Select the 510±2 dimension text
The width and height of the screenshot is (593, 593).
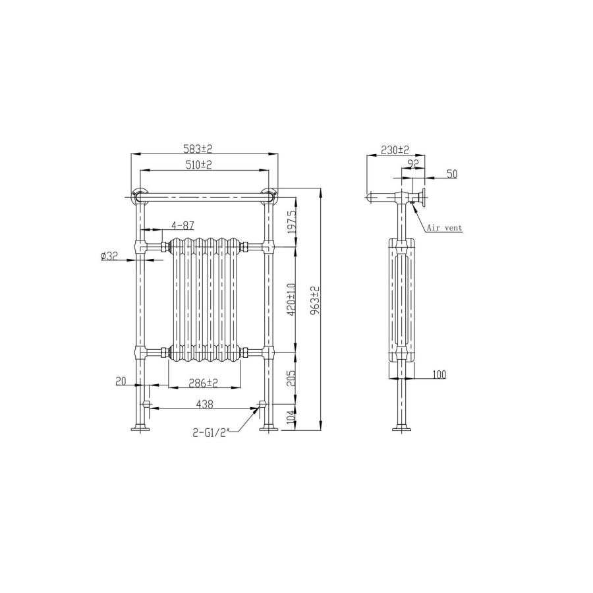tap(198, 165)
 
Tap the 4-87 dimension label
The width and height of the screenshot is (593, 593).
tap(183, 225)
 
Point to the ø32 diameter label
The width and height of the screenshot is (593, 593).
tap(109, 256)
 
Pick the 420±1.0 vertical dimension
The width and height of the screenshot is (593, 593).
tap(291, 300)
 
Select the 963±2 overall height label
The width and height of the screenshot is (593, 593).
tap(316, 300)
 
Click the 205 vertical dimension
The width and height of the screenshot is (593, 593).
tap(291, 378)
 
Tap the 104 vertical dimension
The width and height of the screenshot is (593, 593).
tap(291, 417)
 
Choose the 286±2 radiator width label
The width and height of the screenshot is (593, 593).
tap(204, 383)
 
